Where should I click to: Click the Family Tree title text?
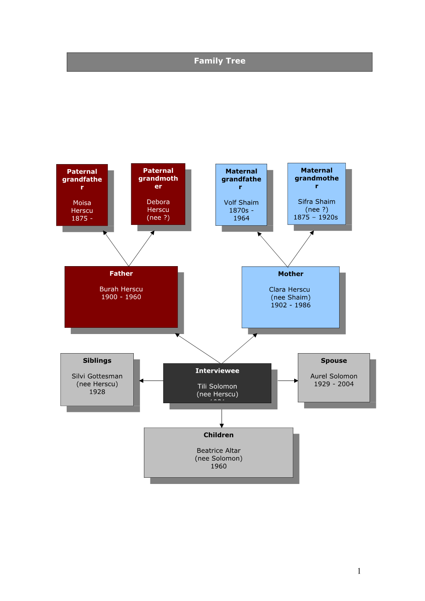tap(220, 61)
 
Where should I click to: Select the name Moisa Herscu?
tap(82, 207)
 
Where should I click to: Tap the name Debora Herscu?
tap(158, 206)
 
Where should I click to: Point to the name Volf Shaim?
tap(241, 202)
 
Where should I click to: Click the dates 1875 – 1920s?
tap(316, 217)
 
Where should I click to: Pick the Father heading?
tap(121, 274)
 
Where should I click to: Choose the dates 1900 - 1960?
tap(121, 297)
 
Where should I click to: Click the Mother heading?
tap(291, 274)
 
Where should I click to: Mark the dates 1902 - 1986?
tap(291, 305)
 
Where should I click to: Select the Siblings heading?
tap(97, 361)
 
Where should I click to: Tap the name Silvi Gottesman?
tap(97, 376)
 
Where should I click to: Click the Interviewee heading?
tap(217, 371)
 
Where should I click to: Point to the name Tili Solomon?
tap(217, 387)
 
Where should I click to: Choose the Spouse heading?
tap(334, 361)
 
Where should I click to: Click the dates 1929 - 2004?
tap(334, 384)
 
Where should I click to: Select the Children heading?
tap(219, 435)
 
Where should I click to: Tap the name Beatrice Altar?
tap(219, 451)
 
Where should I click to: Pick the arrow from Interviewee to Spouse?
tap(288, 381)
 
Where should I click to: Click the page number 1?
tap(359, 571)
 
